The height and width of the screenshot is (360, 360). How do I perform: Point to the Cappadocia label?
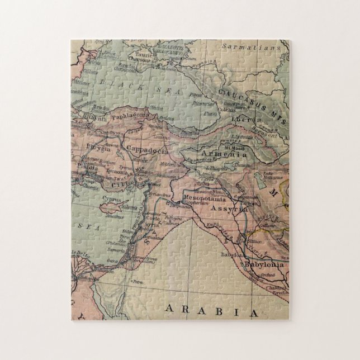click(x=146, y=148)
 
